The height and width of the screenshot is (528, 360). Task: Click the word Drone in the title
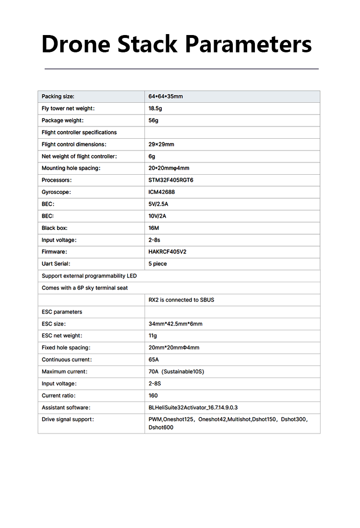(76, 44)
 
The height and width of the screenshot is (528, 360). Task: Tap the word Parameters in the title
(248, 44)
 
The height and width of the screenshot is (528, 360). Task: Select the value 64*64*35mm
(166, 96)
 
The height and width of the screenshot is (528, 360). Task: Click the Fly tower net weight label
(68, 108)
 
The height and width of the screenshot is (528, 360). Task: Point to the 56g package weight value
(153, 120)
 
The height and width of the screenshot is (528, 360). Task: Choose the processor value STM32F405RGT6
(171, 180)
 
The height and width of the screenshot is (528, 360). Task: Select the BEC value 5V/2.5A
(158, 204)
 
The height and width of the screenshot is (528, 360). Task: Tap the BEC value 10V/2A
(157, 216)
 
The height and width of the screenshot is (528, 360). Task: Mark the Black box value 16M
(154, 228)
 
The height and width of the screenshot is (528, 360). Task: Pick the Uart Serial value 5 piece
(157, 264)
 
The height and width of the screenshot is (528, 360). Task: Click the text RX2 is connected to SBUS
(181, 300)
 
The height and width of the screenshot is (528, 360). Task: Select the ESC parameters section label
(61, 312)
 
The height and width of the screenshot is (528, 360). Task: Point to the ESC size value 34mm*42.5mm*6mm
(175, 324)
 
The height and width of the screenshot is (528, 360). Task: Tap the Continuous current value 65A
(154, 360)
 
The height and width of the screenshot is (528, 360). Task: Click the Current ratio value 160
(153, 396)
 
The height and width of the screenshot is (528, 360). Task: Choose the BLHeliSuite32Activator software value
(193, 408)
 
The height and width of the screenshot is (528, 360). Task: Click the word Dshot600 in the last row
(161, 427)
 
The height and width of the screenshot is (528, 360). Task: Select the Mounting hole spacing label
(71, 168)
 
